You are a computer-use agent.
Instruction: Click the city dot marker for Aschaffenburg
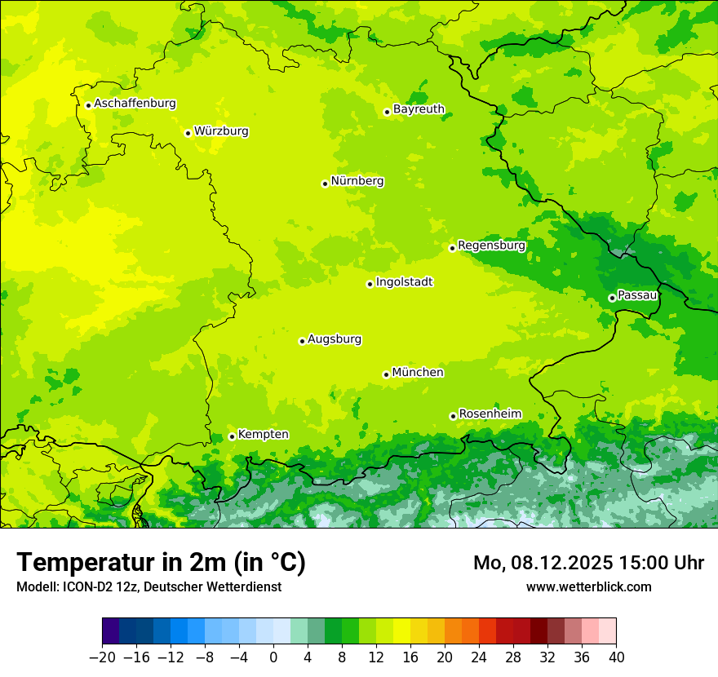88,105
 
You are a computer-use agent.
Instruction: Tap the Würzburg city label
221,131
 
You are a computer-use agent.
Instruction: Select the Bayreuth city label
419,109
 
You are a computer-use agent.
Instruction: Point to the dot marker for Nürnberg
325,184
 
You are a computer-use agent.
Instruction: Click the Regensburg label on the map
491,246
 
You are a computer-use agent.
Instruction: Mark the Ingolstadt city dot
370,284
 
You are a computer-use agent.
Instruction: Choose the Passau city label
637,295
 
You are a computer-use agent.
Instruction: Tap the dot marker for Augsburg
302,341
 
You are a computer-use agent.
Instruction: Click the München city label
418,373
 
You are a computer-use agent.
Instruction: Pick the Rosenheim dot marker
453,416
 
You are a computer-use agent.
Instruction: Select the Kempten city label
263,435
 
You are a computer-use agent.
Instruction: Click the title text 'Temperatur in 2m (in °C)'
161,563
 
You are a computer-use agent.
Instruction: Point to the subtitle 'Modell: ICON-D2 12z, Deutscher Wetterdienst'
148,587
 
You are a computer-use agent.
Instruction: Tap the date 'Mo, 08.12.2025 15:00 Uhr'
588,563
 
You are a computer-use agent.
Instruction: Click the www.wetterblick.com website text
588,587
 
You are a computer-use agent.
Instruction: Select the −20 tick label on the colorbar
102,657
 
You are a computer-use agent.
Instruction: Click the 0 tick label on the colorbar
273,657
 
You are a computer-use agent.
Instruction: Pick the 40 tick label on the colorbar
616,657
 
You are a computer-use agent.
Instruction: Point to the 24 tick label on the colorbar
479,657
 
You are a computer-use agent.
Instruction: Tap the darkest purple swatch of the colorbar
111,631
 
